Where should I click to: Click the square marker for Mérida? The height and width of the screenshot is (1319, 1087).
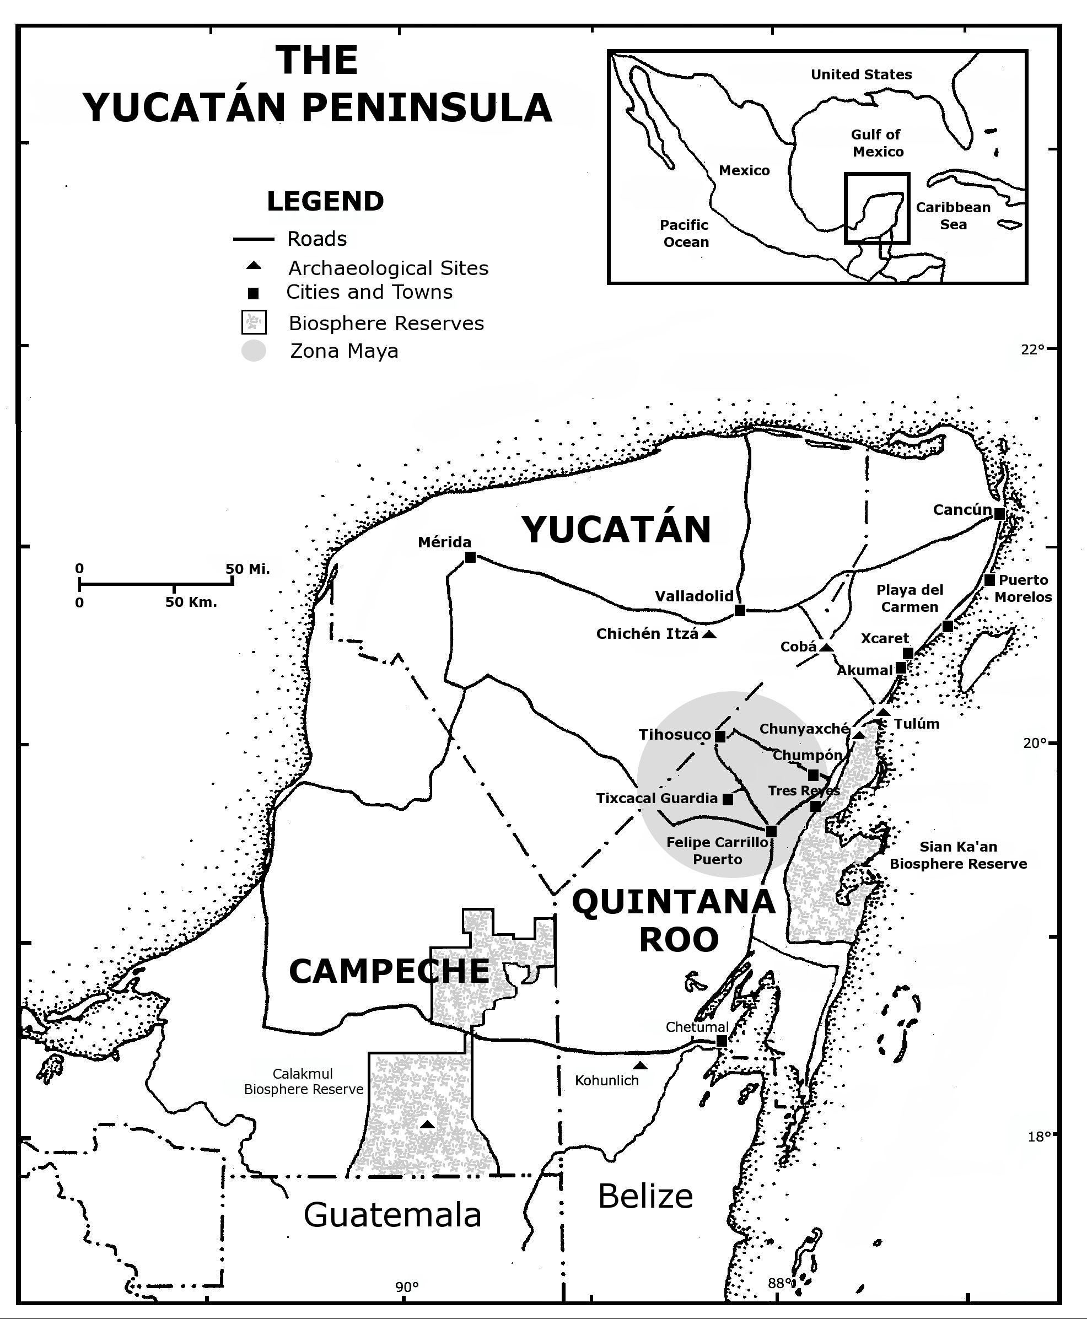[x=471, y=557]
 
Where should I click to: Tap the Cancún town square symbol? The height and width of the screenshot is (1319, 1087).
[x=1000, y=514]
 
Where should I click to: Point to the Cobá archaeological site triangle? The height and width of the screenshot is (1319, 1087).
[x=826, y=647]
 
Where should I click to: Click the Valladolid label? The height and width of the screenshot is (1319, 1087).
[x=694, y=596]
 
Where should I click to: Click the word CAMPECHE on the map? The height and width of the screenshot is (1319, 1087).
[x=389, y=971]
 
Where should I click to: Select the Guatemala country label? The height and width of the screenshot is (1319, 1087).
[x=392, y=1214]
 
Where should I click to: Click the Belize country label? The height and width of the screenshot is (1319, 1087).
[x=645, y=1196]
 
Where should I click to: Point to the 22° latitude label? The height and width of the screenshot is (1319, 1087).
[x=1033, y=349]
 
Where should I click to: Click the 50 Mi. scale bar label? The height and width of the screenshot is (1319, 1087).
[x=247, y=569]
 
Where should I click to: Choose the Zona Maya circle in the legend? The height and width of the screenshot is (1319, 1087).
[x=254, y=351]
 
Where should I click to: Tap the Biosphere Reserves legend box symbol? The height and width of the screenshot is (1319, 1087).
[x=254, y=322]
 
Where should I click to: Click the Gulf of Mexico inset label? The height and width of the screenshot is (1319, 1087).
[x=876, y=143]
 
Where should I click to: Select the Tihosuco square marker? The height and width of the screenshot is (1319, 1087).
[x=720, y=736]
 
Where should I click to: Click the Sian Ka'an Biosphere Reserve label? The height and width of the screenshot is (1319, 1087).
[x=958, y=855]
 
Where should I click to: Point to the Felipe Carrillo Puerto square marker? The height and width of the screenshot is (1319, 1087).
[x=771, y=831]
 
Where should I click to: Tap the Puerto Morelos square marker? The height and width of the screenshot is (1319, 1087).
[x=989, y=580]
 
